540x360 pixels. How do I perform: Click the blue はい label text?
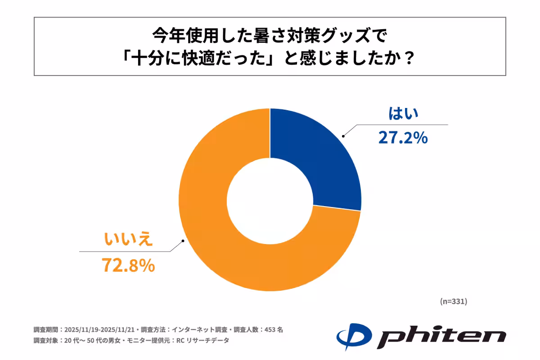pos(403,113)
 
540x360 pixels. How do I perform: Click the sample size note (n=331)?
pos(453,301)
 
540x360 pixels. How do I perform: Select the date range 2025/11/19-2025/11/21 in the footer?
pos(100,329)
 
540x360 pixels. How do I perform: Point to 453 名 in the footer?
pos(273,329)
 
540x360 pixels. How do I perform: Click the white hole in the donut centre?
pos(270,200)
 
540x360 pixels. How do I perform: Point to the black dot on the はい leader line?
pos(343,135)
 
